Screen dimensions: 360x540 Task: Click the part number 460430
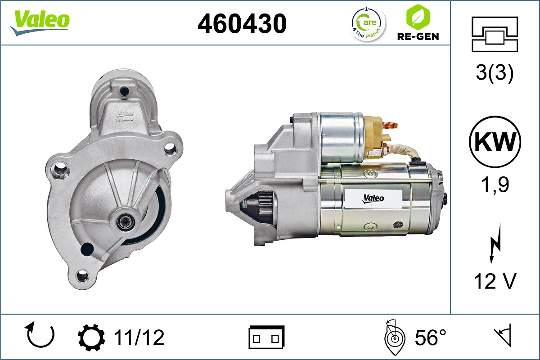(x=242, y=23)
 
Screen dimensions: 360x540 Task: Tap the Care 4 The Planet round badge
(x=368, y=23)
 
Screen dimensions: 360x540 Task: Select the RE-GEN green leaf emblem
(x=417, y=17)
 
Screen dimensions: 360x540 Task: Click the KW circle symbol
(x=495, y=142)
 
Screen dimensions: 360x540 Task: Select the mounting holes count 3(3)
(x=495, y=73)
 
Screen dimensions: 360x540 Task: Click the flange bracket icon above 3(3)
(x=495, y=34)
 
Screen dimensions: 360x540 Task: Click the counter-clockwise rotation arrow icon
(x=40, y=336)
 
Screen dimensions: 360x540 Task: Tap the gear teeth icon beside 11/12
(x=91, y=337)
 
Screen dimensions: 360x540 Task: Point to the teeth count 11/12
(x=139, y=337)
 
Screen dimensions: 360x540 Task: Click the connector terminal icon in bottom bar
(x=266, y=337)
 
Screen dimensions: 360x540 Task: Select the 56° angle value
(x=431, y=337)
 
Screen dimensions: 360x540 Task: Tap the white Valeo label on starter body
(x=373, y=198)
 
